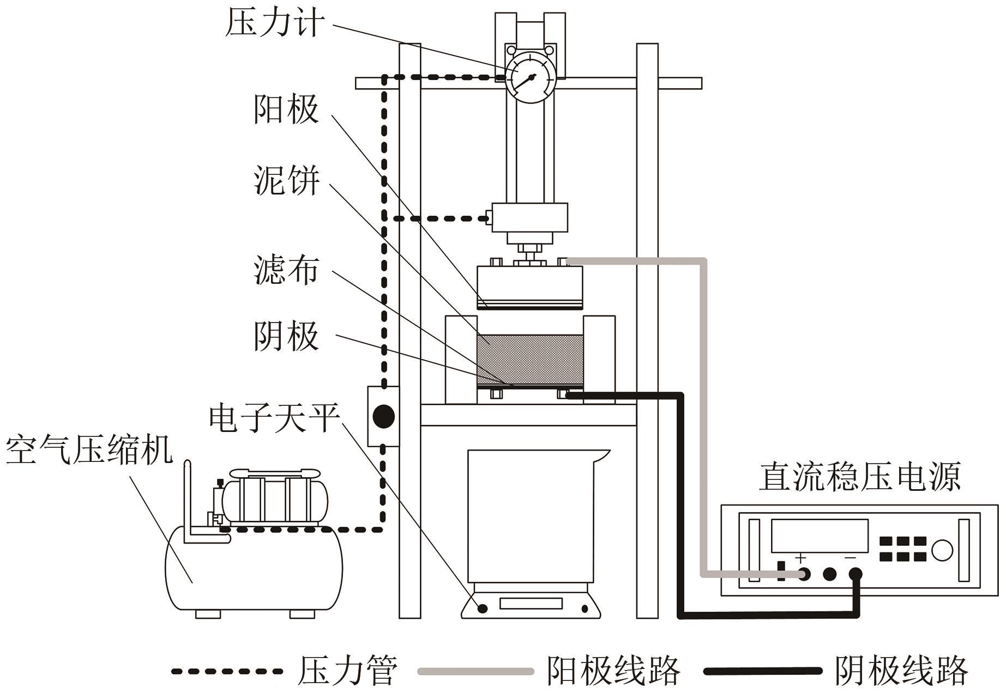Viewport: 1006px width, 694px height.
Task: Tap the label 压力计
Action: click(275, 24)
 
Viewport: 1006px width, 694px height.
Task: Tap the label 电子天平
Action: click(275, 418)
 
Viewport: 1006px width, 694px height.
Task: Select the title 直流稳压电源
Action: click(860, 477)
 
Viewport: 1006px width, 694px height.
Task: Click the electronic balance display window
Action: click(531, 604)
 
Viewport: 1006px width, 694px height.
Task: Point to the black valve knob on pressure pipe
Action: click(383, 417)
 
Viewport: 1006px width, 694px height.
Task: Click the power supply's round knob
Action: click(942, 550)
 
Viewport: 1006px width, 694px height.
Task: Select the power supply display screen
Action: click(819, 535)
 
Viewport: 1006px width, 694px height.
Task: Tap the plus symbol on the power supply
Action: click(800, 558)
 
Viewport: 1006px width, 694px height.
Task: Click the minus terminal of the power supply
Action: click(855, 574)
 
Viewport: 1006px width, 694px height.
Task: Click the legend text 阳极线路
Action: click(613, 671)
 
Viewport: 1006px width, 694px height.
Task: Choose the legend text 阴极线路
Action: click(901, 671)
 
